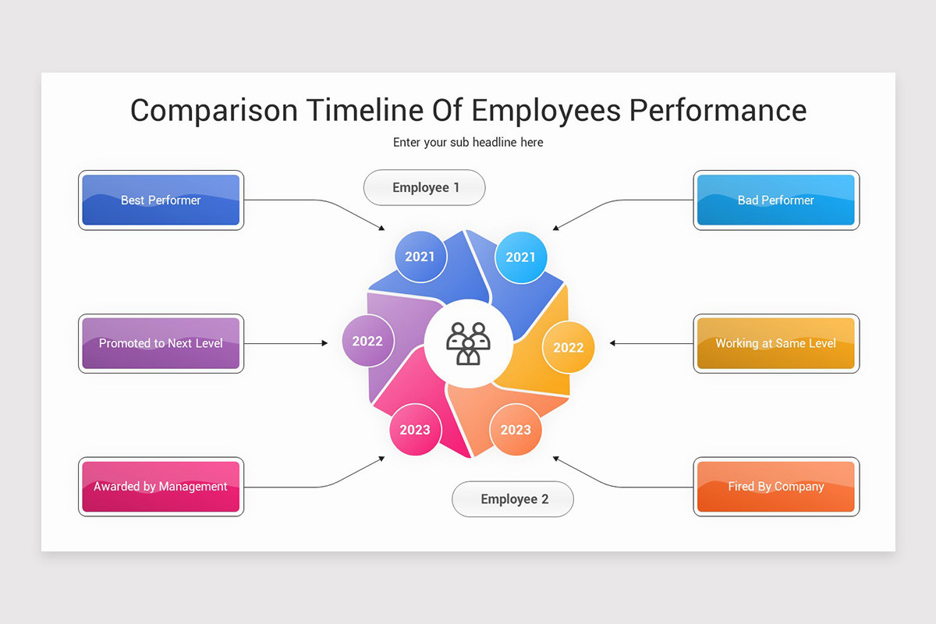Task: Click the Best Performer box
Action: (161, 200)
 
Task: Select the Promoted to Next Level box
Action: (161, 343)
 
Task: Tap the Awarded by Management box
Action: (161, 487)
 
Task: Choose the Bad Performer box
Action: (775, 200)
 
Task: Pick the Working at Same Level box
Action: (775, 343)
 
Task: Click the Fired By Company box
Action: (775, 487)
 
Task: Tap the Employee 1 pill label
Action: (425, 188)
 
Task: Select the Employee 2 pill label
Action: (513, 499)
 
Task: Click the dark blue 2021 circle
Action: (420, 256)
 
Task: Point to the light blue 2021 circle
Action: (520, 257)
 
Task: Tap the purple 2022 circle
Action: (367, 341)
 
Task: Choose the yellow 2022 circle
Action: (568, 348)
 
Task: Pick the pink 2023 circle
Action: (415, 430)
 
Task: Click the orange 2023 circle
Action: (515, 430)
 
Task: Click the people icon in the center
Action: (468, 343)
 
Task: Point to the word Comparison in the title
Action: (214, 110)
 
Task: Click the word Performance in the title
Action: (718, 110)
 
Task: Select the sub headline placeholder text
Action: (468, 143)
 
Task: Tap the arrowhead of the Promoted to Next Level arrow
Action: (325, 343)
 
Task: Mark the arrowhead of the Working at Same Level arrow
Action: (612, 343)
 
